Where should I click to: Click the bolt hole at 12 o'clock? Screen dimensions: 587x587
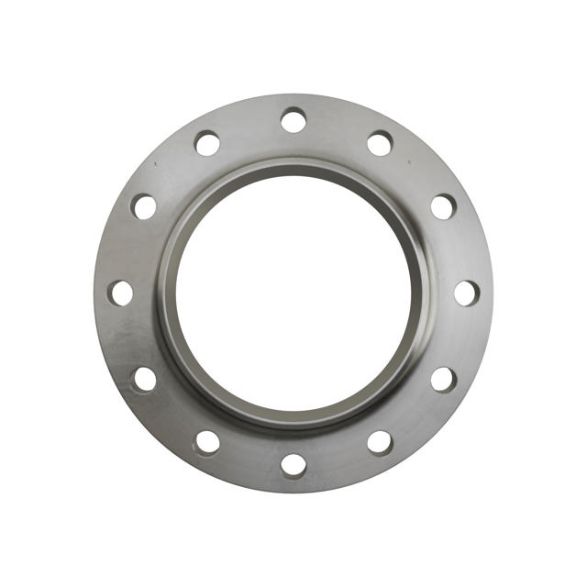(293, 120)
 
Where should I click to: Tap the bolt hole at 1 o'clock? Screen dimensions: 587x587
(380, 143)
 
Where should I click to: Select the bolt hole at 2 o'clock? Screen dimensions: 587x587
(443, 206)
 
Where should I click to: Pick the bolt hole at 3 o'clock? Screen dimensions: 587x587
(466, 293)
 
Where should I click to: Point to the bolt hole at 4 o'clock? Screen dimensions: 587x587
(443, 379)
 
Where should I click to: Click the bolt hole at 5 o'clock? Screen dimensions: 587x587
(380, 442)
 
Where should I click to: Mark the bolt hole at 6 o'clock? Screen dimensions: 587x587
(293, 465)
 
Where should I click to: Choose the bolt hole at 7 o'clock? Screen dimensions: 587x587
(207, 442)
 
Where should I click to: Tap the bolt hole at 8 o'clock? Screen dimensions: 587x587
(144, 379)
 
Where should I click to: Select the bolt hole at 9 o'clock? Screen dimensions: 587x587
(121, 293)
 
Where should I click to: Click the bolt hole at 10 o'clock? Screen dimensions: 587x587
(144, 206)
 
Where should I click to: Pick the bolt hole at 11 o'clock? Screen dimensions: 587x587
(207, 143)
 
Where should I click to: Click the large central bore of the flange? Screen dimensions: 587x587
(293, 293)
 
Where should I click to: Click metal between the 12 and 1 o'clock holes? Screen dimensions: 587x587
(338, 127)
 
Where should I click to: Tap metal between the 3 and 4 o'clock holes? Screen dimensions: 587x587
(460, 338)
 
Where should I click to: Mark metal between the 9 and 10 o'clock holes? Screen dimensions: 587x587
(127, 249)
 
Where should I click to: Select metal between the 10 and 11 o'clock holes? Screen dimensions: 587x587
(172, 171)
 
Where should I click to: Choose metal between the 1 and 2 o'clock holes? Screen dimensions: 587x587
(415, 171)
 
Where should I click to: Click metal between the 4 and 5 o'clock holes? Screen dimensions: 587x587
(415, 415)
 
